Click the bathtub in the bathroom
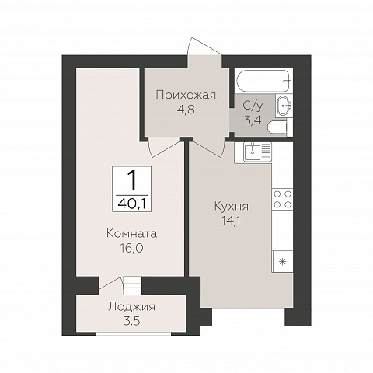pos(263,81)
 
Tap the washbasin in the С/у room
pos(284,106)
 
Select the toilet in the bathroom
pos(277,127)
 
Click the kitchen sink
pos(253,152)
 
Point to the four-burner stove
pos(282,199)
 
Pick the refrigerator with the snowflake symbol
pos(282,261)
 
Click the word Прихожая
pos(186,96)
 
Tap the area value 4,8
pos(186,110)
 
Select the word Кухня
pos(232,207)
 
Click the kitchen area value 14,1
pos(232,221)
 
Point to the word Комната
pos(132,234)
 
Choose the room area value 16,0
pos(131,248)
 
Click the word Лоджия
pos(132,307)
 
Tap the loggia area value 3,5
pos(132,321)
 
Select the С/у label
pos(253,106)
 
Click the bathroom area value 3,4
pos(253,120)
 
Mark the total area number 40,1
pos(131,204)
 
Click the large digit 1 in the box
pos(132,180)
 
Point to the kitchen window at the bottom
pos(249,316)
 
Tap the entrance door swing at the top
pos(204,47)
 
